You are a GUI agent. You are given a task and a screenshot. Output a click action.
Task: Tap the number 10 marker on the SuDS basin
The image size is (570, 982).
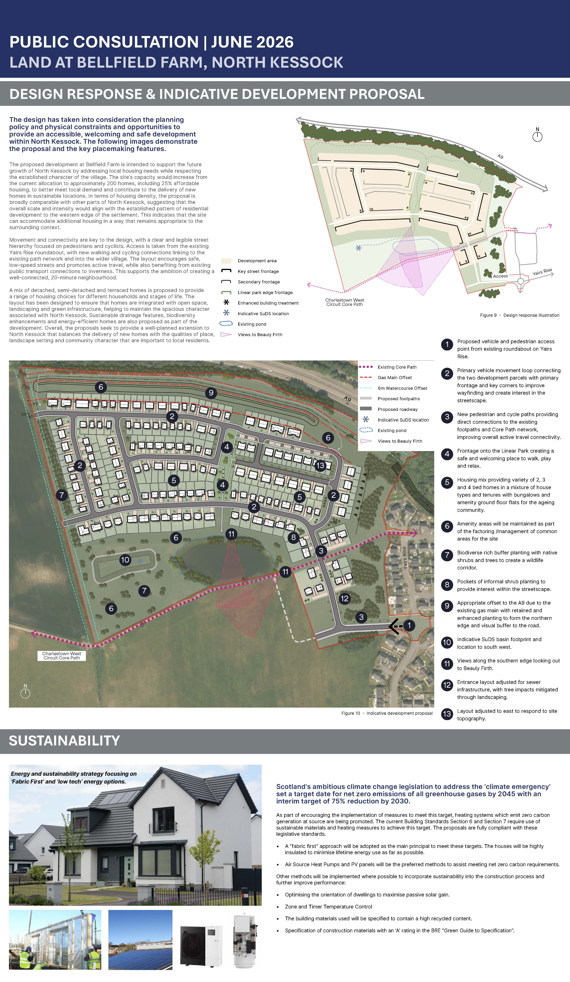pyautogui.click(x=125, y=560)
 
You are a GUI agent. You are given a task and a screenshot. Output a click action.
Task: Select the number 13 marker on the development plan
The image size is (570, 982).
pyautogui.click(x=320, y=465)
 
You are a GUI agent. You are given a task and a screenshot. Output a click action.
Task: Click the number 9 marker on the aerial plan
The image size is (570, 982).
pyautogui.click(x=211, y=392)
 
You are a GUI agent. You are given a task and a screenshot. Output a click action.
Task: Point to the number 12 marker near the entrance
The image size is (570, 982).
pyautogui.click(x=344, y=599)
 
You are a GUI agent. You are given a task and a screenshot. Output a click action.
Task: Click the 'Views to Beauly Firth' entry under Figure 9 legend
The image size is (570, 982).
pyautogui.click(x=251, y=334)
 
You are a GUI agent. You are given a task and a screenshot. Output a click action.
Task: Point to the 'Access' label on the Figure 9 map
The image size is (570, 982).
pyautogui.click(x=500, y=276)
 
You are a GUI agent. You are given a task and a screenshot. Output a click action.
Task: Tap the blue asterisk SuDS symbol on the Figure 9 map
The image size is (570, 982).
pyautogui.click(x=358, y=248)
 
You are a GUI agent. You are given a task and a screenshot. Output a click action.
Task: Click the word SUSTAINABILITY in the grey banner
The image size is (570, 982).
pyautogui.click(x=64, y=741)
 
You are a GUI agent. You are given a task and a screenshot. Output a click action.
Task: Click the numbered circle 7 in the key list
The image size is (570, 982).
pyautogui.click(x=447, y=555)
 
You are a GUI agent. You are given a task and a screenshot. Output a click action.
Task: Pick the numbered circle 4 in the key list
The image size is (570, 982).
pyautogui.click(x=447, y=454)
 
